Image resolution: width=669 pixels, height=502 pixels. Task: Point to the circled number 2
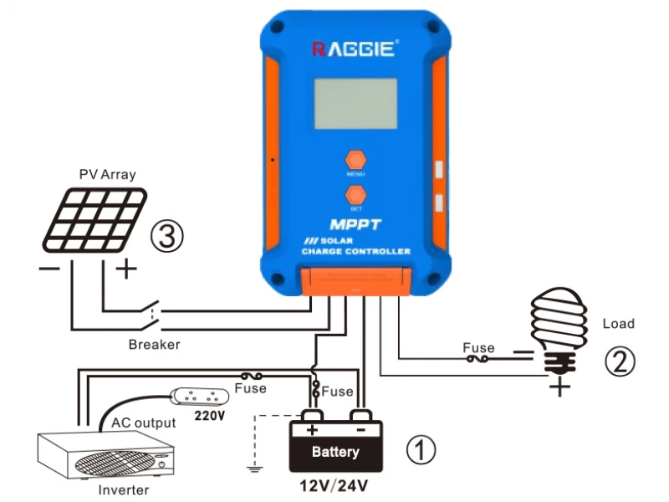(620, 361)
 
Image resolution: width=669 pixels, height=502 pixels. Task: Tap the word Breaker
(154, 344)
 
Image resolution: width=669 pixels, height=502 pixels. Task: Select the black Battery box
(335, 448)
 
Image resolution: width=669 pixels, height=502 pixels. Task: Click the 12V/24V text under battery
(334, 485)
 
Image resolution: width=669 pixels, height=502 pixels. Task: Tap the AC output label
(144, 423)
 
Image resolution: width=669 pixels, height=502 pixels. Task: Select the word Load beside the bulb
(618, 324)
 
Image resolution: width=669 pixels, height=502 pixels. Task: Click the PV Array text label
(107, 175)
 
